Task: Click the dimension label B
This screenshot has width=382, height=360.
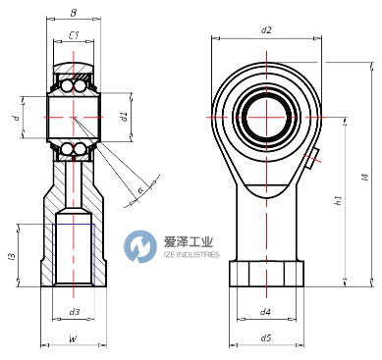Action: coord(74,15)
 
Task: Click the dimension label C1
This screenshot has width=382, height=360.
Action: coord(74,36)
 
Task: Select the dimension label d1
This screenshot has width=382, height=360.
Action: coord(124,117)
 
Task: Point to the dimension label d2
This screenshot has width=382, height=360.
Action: coord(266,29)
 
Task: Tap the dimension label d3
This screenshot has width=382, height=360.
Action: coord(74,312)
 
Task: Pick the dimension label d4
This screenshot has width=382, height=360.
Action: coord(265,312)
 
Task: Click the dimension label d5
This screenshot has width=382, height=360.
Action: coord(265,338)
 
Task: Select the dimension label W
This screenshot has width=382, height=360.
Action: coord(74,339)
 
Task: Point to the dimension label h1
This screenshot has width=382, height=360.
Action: coord(338,202)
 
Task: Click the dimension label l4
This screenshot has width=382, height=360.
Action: coord(364,178)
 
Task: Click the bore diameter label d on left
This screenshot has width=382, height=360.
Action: coord(15,118)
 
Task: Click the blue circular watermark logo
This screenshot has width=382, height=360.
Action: coord(143,245)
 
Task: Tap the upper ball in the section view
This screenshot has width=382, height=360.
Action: coord(74,86)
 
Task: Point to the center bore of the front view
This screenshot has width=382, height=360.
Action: coord(267,115)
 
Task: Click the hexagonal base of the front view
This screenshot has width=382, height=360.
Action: coord(265,274)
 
